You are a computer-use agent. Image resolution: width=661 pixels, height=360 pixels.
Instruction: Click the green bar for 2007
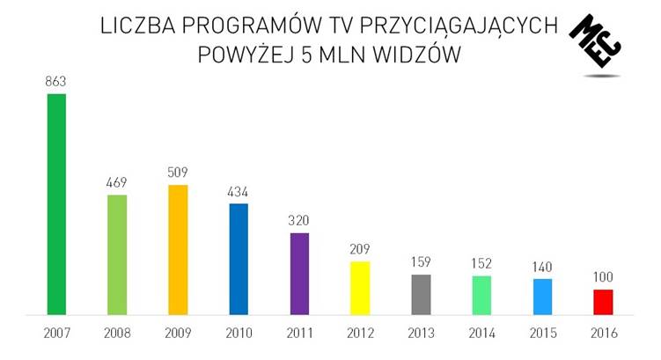point(56,203)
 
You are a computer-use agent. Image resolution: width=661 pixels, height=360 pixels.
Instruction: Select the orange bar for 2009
point(178,249)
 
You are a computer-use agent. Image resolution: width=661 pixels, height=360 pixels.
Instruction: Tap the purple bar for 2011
point(299,273)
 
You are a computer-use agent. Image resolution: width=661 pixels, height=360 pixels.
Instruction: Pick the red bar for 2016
point(603,301)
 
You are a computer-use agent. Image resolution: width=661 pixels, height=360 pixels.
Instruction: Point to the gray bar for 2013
point(421,294)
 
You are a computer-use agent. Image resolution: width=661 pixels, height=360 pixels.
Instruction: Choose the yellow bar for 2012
point(360,287)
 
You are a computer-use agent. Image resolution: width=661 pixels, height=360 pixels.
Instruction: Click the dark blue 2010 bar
point(239,259)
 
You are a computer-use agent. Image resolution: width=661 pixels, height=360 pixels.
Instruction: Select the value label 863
point(56,82)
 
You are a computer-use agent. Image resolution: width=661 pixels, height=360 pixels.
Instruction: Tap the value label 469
point(117,182)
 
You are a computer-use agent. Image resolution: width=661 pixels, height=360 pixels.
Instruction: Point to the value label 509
point(178,173)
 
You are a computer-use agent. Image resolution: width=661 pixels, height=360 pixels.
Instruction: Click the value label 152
point(481,264)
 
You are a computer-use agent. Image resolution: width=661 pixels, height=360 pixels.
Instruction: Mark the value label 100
point(603,277)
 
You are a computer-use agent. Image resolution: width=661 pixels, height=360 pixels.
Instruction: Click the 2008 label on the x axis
point(117,334)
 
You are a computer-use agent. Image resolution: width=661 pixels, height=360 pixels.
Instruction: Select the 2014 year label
point(481,334)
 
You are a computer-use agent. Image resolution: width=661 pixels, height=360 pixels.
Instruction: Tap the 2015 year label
point(542,334)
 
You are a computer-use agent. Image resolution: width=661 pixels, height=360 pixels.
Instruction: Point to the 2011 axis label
point(299,334)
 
